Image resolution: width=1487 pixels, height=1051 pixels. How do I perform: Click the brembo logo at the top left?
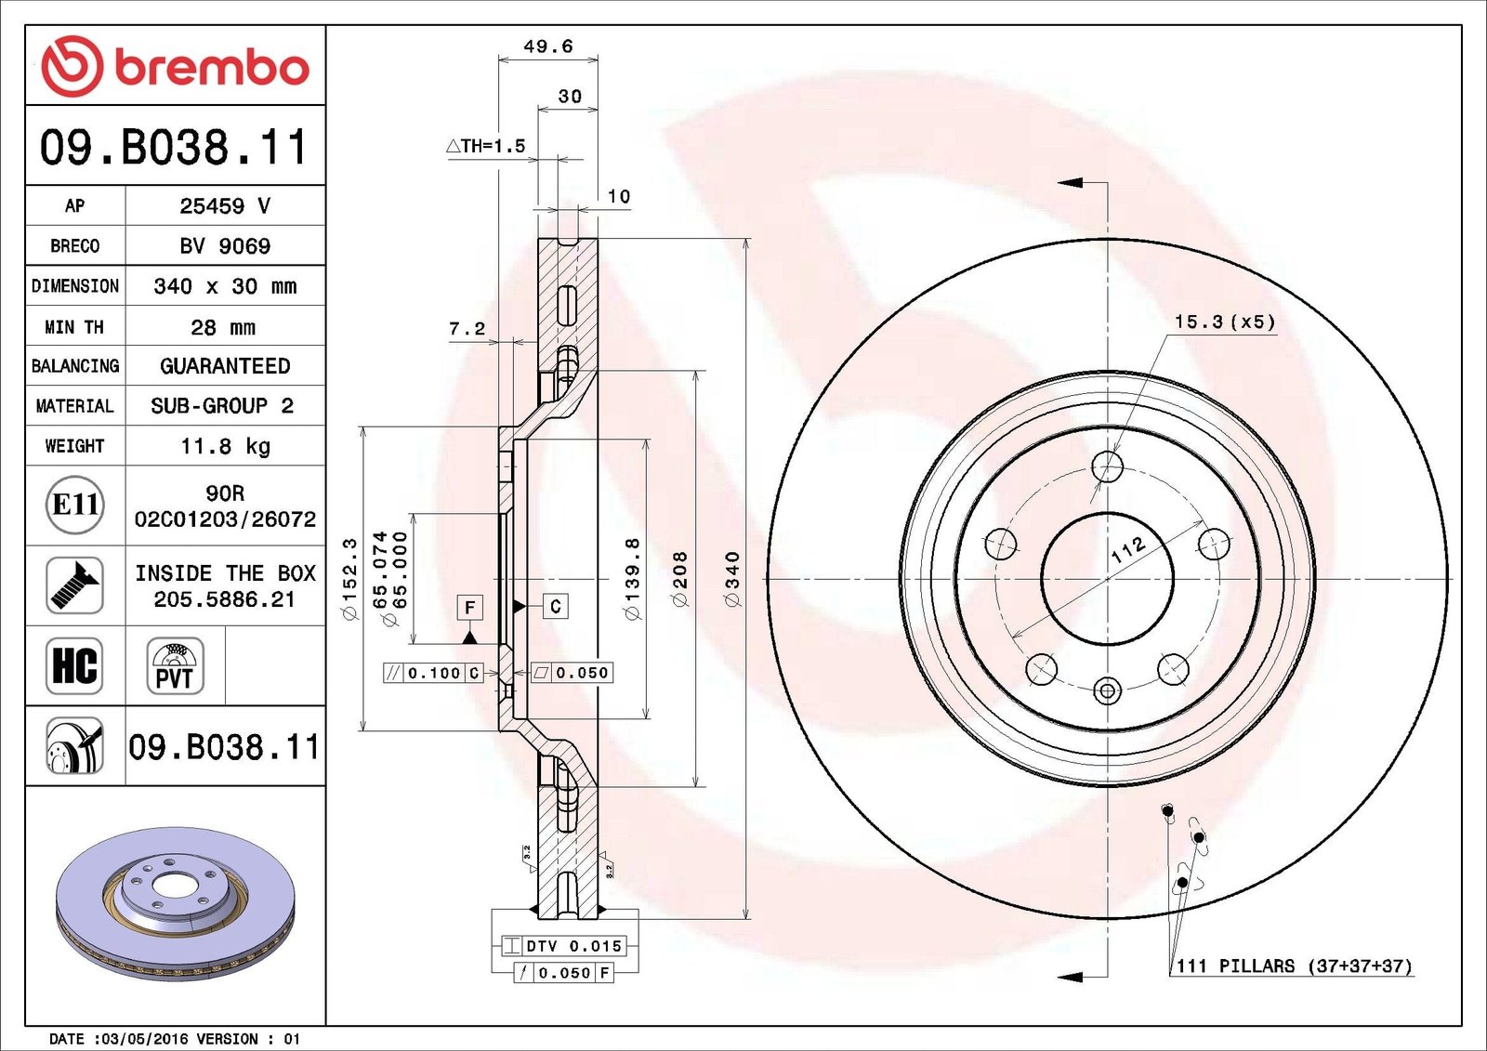[x=175, y=66]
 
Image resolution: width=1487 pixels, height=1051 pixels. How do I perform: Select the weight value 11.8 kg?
[x=225, y=446]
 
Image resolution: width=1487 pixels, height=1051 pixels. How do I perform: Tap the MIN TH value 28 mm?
[x=223, y=327]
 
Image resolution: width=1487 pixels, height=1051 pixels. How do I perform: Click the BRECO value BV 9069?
[x=225, y=246]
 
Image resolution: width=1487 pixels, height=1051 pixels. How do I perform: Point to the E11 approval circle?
[x=75, y=506]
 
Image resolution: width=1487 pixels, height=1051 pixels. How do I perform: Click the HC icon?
[x=74, y=666]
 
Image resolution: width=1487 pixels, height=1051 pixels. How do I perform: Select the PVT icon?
[x=176, y=666]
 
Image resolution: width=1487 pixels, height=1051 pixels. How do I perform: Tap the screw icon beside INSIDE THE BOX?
[x=74, y=585]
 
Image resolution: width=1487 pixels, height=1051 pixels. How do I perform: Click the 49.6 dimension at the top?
[x=547, y=46]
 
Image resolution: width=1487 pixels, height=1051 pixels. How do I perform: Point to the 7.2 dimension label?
[x=467, y=328]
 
